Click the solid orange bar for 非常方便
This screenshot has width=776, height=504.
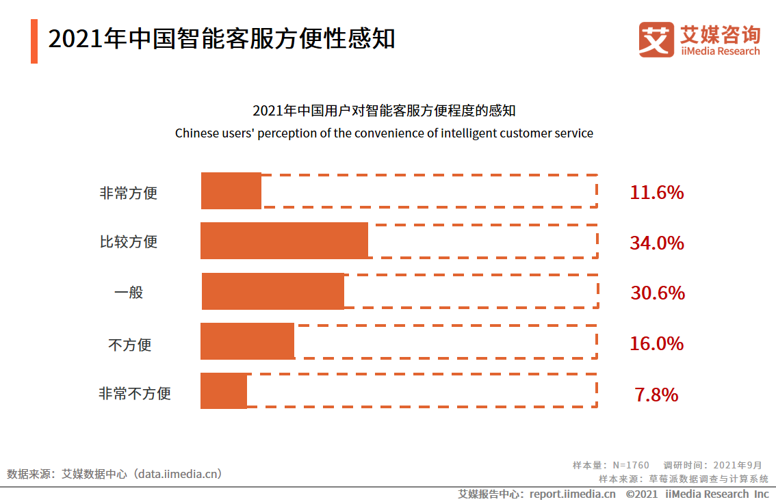pyautogui.click(x=231, y=191)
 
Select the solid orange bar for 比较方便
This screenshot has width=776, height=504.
pyautogui.click(x=284, y=241)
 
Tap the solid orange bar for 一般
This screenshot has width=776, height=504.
pyautogui.click(x=273, y=291)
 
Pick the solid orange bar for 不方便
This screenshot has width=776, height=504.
pyautogui.click(x=247, y=341)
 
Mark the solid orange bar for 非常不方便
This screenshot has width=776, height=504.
pyautogui.click(x=224, y=391)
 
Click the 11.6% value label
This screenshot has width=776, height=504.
pyautogui.click(x=656, y=193)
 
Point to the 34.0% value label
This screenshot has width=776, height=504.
pyautogui.click(x=656, y=243)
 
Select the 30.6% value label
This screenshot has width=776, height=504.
pyautogui.click(x=657, y=293)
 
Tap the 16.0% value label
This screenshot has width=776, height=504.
pyautogui.click(x=656, y=343)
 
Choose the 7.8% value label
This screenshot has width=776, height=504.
pyautogui.click(x=656, y=395)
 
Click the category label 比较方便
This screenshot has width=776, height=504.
pyautogui.click(x=129, y=242)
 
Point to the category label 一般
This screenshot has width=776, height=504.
pyautogui.click(x=129, y=293)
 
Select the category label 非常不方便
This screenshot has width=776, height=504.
pyautogui.click(x=135, y=394)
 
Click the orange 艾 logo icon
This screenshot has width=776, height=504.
pyautogui.click(x=656, y=39)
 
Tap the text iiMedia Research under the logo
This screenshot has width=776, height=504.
pyautogui.click(x=720, y=51)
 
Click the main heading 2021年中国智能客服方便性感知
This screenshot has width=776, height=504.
pyautogui.click(x=222, y=38)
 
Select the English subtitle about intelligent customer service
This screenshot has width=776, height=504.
pyautogui.click(x=384, y=133)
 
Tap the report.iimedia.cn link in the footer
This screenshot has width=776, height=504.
pyautogui.click(x=572, y=494)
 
